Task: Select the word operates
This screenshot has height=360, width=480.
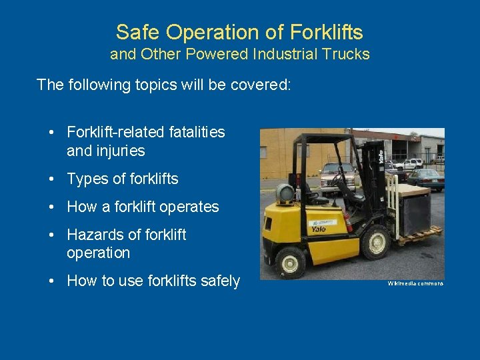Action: coord(189,207)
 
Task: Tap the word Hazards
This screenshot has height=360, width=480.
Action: coord(93,235)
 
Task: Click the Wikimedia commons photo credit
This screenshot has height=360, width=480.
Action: coord(415,283)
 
